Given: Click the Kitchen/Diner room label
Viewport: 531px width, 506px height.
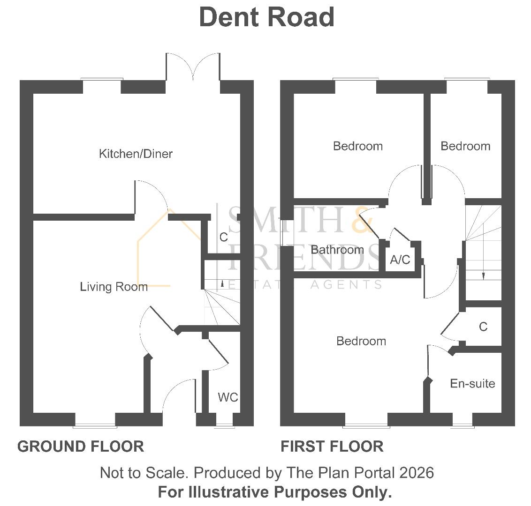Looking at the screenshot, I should tap(136, 154).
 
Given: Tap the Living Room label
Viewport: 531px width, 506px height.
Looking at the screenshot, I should tap(114, 287).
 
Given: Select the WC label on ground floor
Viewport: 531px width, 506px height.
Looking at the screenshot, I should tap(228, 398).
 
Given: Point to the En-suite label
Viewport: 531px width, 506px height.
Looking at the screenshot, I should tap(472, 384).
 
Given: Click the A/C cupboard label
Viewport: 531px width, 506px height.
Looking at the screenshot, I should tap(400, 260).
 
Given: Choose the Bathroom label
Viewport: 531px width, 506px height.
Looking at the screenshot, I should tap(337, 250).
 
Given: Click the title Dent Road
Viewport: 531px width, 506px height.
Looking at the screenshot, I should tap(266, 17).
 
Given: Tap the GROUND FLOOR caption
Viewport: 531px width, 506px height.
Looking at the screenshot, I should tap(81, 446).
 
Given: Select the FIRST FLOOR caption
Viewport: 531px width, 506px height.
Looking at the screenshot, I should tap(332, 446).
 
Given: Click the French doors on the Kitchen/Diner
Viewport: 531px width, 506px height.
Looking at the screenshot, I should tap(193, 70).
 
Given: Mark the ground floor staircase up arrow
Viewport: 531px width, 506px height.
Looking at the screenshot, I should tap(222, 283).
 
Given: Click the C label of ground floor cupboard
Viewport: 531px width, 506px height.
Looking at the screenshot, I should tap(223, 238).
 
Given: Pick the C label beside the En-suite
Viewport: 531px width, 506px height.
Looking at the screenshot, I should tap(483, 327).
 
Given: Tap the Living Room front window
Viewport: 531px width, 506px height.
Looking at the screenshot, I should tap(95, 425).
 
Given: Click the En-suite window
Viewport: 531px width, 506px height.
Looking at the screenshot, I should tap(463, 425).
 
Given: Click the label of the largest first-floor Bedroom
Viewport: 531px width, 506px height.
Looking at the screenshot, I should tap(361, 341).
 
